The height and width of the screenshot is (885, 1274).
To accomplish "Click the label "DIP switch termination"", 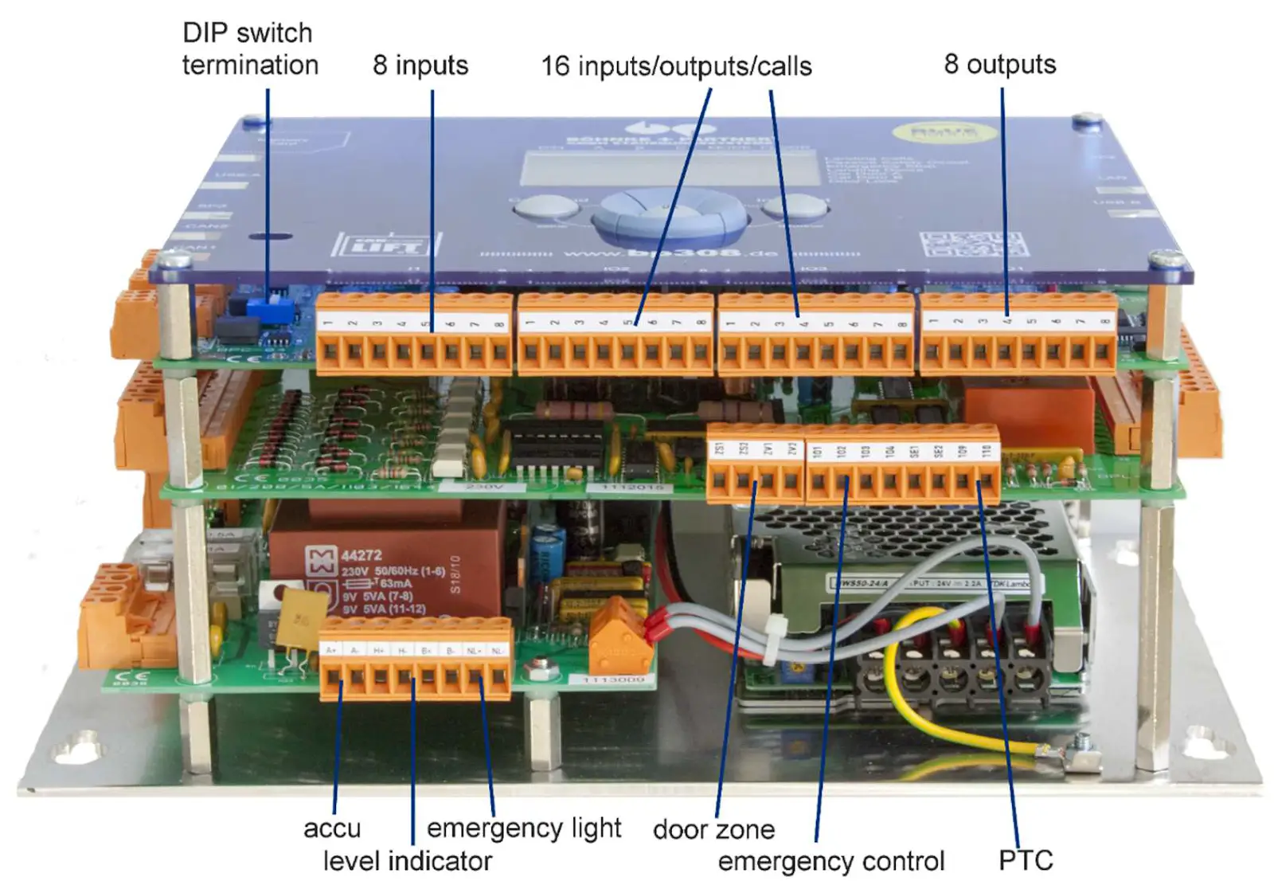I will (x=249, y=49).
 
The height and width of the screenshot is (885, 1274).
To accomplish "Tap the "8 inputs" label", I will (x=420, y=65).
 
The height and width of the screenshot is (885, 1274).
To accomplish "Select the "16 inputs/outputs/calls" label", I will (x=676, y=65).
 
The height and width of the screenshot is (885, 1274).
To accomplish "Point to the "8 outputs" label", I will (x=999, y=64).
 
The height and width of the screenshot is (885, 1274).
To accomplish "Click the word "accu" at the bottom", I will (x=332, y=828).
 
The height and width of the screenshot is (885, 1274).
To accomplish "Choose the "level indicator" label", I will (x=407, y=860).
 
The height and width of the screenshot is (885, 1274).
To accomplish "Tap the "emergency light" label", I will (x=524, y=828).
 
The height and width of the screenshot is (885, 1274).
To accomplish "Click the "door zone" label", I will (x=713, y=829).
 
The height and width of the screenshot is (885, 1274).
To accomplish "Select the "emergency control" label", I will (x=830, y=861).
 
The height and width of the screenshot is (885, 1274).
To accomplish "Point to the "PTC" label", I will (x=1026, y=860).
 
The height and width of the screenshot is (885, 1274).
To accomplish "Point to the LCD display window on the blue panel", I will (x=670, y=169).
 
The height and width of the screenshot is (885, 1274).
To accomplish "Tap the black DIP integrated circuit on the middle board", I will (x=556, y=444).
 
